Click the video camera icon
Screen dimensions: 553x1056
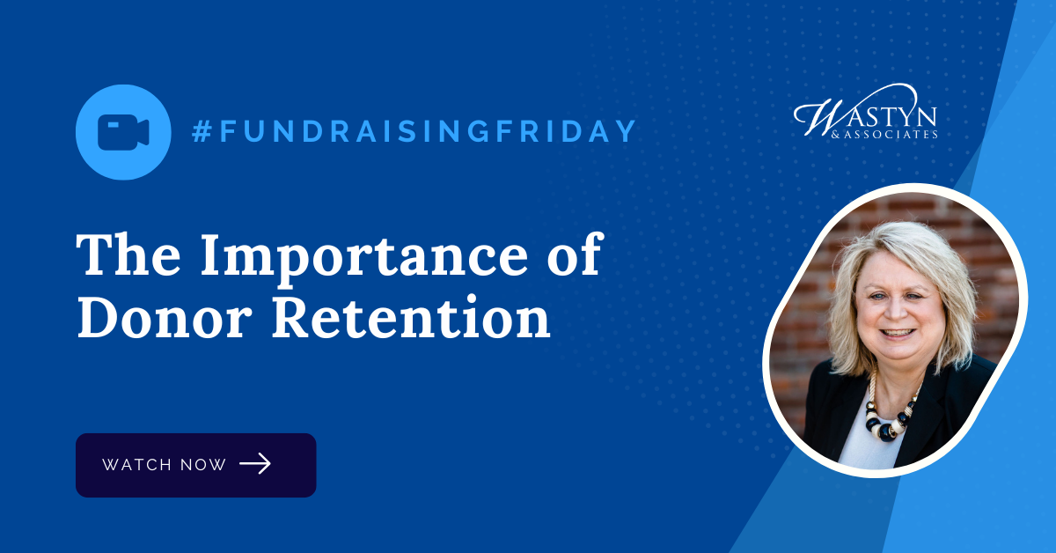click(123, 132)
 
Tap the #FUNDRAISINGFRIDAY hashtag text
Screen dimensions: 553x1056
click(414, 131)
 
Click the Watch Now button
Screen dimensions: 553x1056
click(195, 465)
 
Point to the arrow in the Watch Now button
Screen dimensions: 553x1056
click(255, 464)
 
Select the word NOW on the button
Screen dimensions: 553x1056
click(205, 465)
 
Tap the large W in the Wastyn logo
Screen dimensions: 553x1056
click(815, 114)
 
